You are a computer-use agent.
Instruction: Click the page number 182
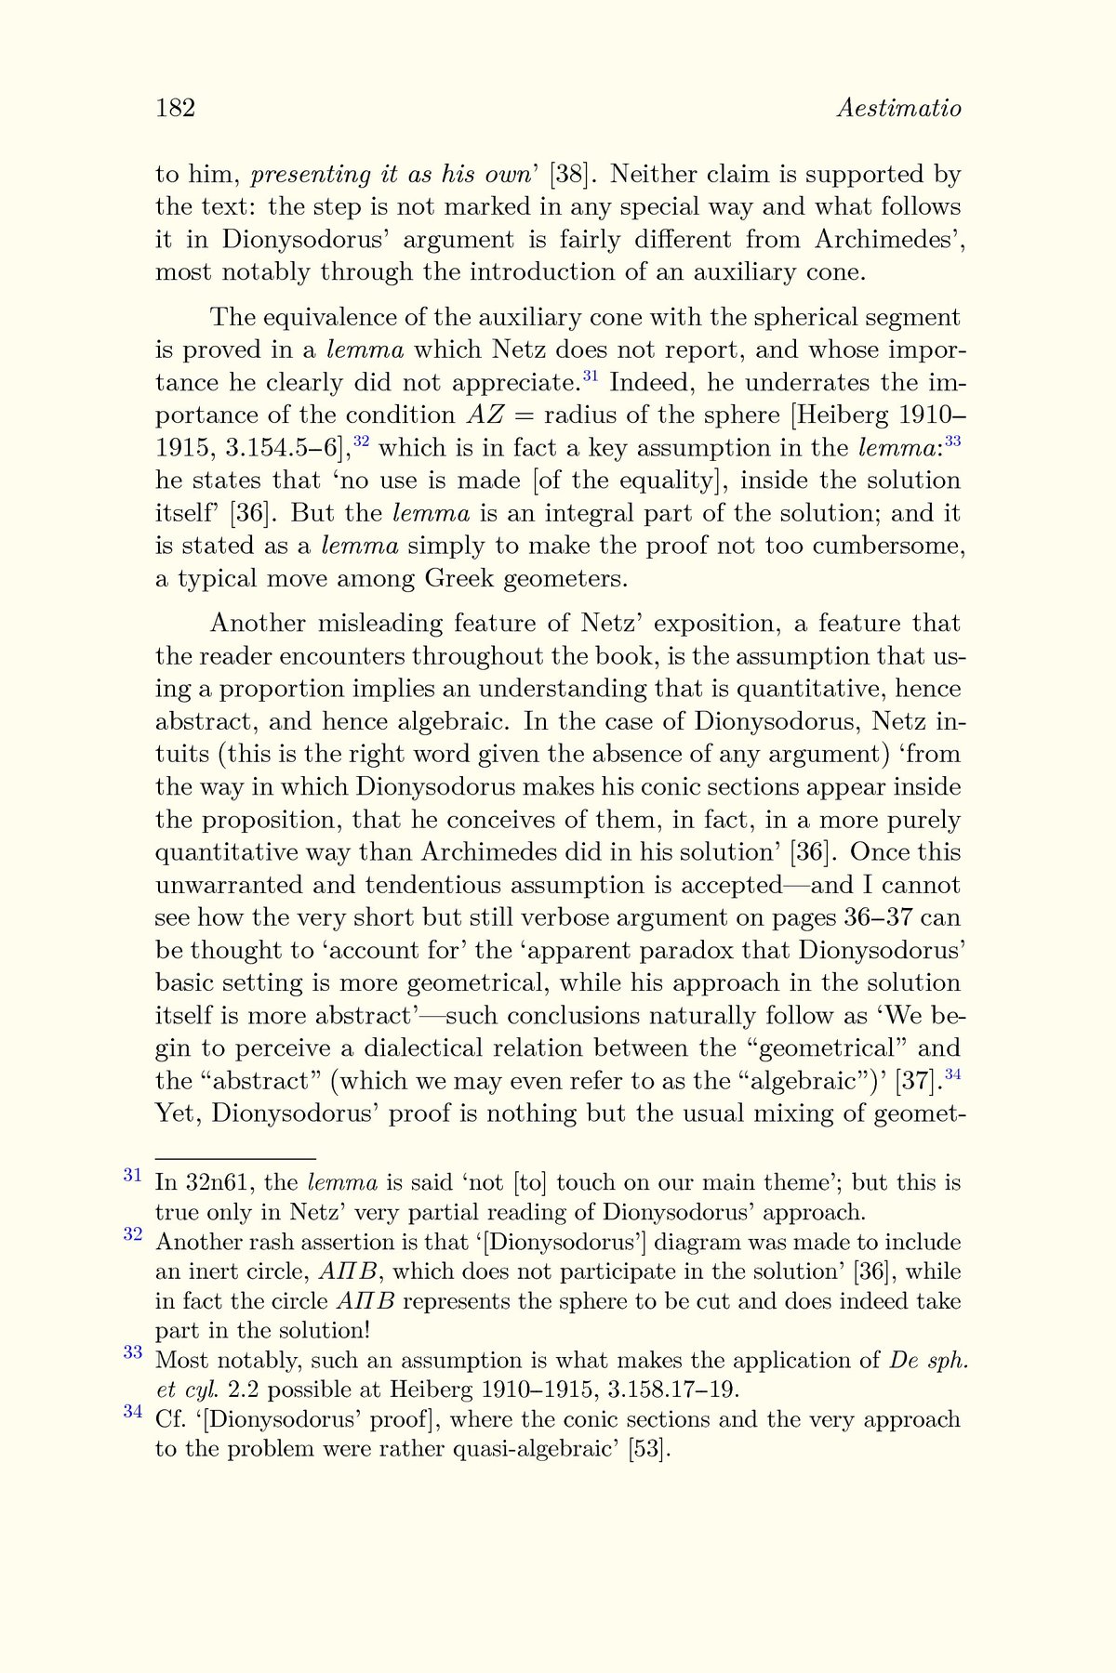click(x=175, y=109)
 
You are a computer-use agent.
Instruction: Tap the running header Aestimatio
click(x=898, y=109)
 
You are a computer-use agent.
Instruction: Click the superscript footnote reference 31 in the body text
click(x=590, y=376)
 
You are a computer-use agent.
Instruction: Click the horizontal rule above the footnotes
click(x=235, y=1159)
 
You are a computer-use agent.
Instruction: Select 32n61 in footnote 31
click(x=218, y=1183)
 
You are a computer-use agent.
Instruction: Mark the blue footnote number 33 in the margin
click(x=132, y=1352)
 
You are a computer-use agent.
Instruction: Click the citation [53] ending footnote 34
click(x=648, y=1449)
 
